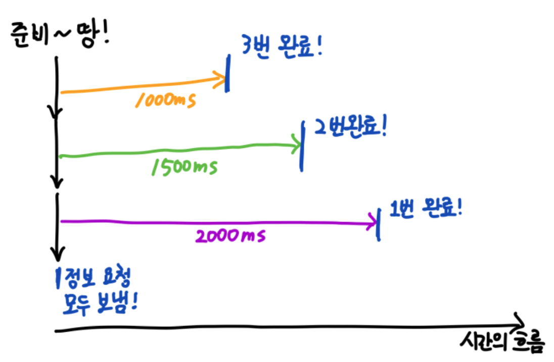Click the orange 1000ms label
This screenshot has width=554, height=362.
pos(165,99)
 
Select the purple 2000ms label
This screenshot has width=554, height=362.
pos(229,235)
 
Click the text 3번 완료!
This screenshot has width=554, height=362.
pos(283,49)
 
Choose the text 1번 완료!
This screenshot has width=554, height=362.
pos(426,208)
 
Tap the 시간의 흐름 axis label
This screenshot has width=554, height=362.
pos(503,343)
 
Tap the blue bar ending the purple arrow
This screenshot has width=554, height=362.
pos(379,224)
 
